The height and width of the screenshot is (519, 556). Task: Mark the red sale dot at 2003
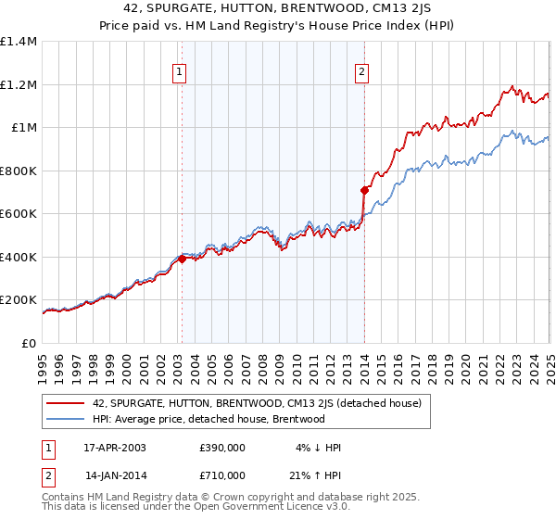click(183, 259)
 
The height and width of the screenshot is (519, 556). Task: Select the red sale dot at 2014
click(365, 191)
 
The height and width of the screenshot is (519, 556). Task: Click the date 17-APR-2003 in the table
click(115, 447)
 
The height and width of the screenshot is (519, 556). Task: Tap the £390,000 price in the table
click(222, 447)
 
